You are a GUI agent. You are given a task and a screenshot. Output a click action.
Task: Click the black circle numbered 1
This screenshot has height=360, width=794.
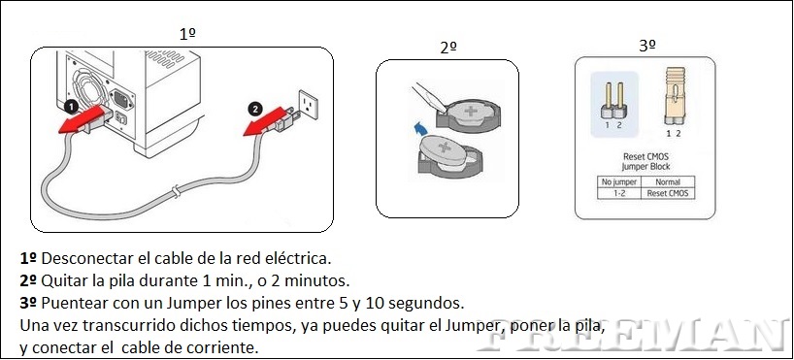tap(72, 108)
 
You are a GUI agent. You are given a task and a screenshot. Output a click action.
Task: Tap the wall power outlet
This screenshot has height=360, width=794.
tap(308, 104)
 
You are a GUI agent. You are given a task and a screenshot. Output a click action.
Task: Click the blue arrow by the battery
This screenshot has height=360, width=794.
tap(418, 128)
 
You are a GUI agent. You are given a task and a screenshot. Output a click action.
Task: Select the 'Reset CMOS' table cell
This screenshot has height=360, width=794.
tap(668, 193)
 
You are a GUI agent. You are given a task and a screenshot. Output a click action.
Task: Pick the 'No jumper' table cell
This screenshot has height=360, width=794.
tap(619, 182)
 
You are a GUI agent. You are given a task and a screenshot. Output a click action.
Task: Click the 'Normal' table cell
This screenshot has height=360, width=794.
tap(668, 182)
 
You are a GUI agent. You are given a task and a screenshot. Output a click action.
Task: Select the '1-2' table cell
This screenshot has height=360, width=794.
tap(619, 193)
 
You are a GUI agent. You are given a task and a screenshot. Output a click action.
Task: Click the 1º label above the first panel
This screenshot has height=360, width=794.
tap(187, 34)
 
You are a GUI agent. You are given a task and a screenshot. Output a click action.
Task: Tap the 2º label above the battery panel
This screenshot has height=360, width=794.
tap(448, 48)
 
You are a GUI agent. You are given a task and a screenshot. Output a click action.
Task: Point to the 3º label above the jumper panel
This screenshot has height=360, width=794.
tap(646, 46)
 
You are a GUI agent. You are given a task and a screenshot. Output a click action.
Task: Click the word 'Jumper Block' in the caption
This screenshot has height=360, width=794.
tap(645, 166)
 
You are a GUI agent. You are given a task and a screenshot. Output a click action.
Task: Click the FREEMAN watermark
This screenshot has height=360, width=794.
tap(633, 335)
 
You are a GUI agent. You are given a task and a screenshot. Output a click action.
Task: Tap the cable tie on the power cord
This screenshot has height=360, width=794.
tap(176, 191)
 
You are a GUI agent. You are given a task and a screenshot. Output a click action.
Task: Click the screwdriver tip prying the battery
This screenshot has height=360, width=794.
tap(442, 108)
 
